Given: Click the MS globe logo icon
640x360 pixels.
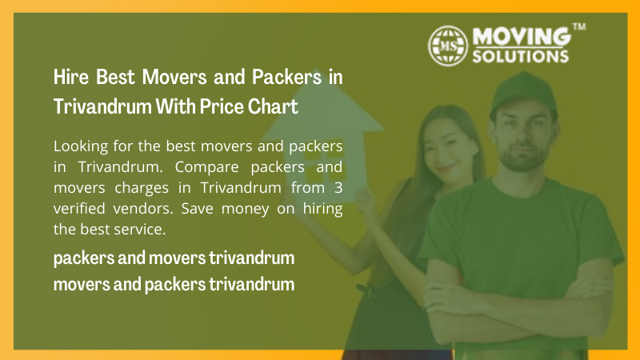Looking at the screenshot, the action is (x=448, y=46).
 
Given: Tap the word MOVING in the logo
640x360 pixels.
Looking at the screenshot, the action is (x=522, y=36).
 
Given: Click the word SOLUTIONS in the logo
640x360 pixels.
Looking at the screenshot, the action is (x=521, y=56).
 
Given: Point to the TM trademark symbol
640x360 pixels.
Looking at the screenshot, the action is (x=579, y=27).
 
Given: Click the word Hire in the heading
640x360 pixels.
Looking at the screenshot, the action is (x=71, y=77).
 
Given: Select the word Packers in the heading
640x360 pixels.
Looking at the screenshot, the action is (x=287, y=77).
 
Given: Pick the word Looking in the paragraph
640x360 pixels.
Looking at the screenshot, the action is (x=81, y=146).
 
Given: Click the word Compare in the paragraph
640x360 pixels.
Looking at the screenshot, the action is (x=206, y=167).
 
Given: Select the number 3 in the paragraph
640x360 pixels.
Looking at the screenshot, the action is (x=338, y=188).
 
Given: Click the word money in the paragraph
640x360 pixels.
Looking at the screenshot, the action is (x=245, y=209).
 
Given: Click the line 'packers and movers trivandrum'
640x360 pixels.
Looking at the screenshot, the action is (x=174, y=258).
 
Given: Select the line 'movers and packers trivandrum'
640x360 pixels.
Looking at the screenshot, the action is (x=174, y=284).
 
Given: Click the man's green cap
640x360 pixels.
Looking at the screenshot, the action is (x=524, y=94).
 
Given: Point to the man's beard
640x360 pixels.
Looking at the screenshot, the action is (x=523, y=157).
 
